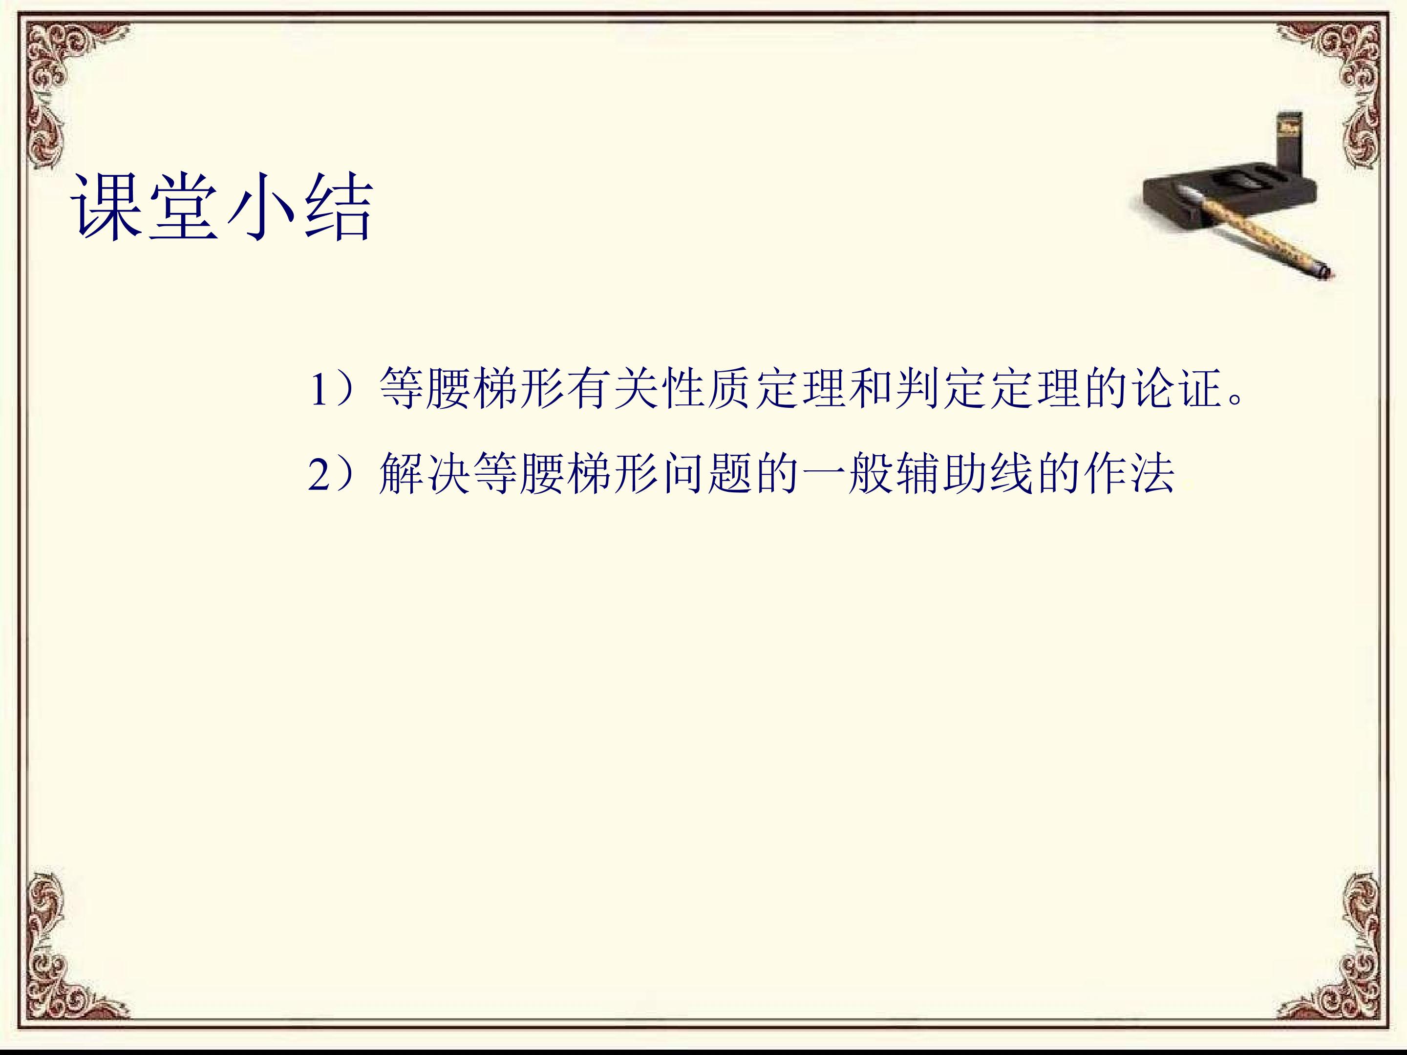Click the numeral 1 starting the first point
coord(318,389)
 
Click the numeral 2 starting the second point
coord(318,474)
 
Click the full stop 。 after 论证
coord(1237,401)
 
